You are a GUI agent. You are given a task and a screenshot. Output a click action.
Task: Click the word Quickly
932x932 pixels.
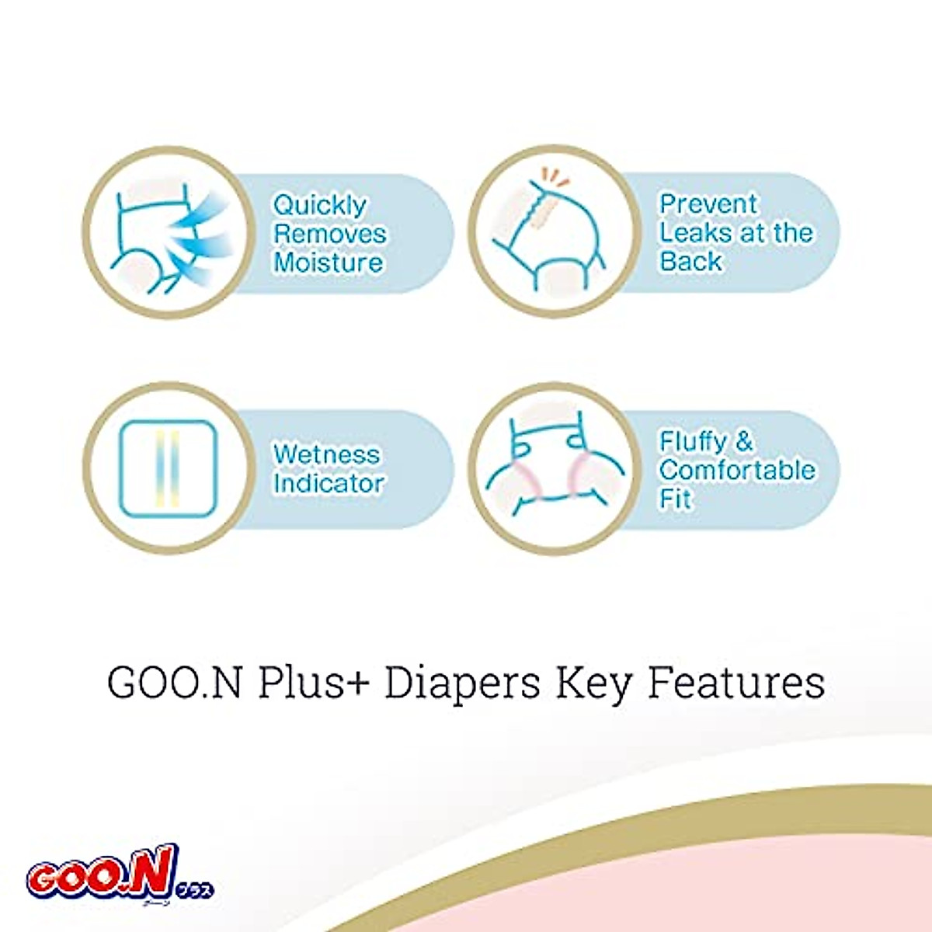319,206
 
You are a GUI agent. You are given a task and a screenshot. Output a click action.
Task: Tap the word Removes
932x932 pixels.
329,234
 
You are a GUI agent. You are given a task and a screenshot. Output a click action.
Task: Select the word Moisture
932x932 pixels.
328,263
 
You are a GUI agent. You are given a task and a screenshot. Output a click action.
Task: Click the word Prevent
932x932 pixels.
708,204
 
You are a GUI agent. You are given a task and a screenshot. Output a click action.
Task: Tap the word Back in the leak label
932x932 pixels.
690,262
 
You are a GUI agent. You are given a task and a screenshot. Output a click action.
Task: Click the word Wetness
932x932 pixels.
327,454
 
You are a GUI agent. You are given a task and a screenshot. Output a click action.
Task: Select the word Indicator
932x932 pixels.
329,483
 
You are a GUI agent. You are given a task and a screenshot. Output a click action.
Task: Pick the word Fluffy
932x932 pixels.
694,442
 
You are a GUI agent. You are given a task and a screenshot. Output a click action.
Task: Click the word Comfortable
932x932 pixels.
737,471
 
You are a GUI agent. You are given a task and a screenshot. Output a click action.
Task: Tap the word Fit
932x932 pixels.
675,499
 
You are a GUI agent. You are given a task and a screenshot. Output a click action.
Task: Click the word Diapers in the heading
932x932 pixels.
463,683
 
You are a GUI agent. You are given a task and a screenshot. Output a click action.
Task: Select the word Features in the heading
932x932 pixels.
736,683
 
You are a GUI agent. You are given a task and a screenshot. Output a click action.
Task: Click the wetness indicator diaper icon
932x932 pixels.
168,469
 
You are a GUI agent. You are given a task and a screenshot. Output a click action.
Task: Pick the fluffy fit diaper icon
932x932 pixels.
554,469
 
